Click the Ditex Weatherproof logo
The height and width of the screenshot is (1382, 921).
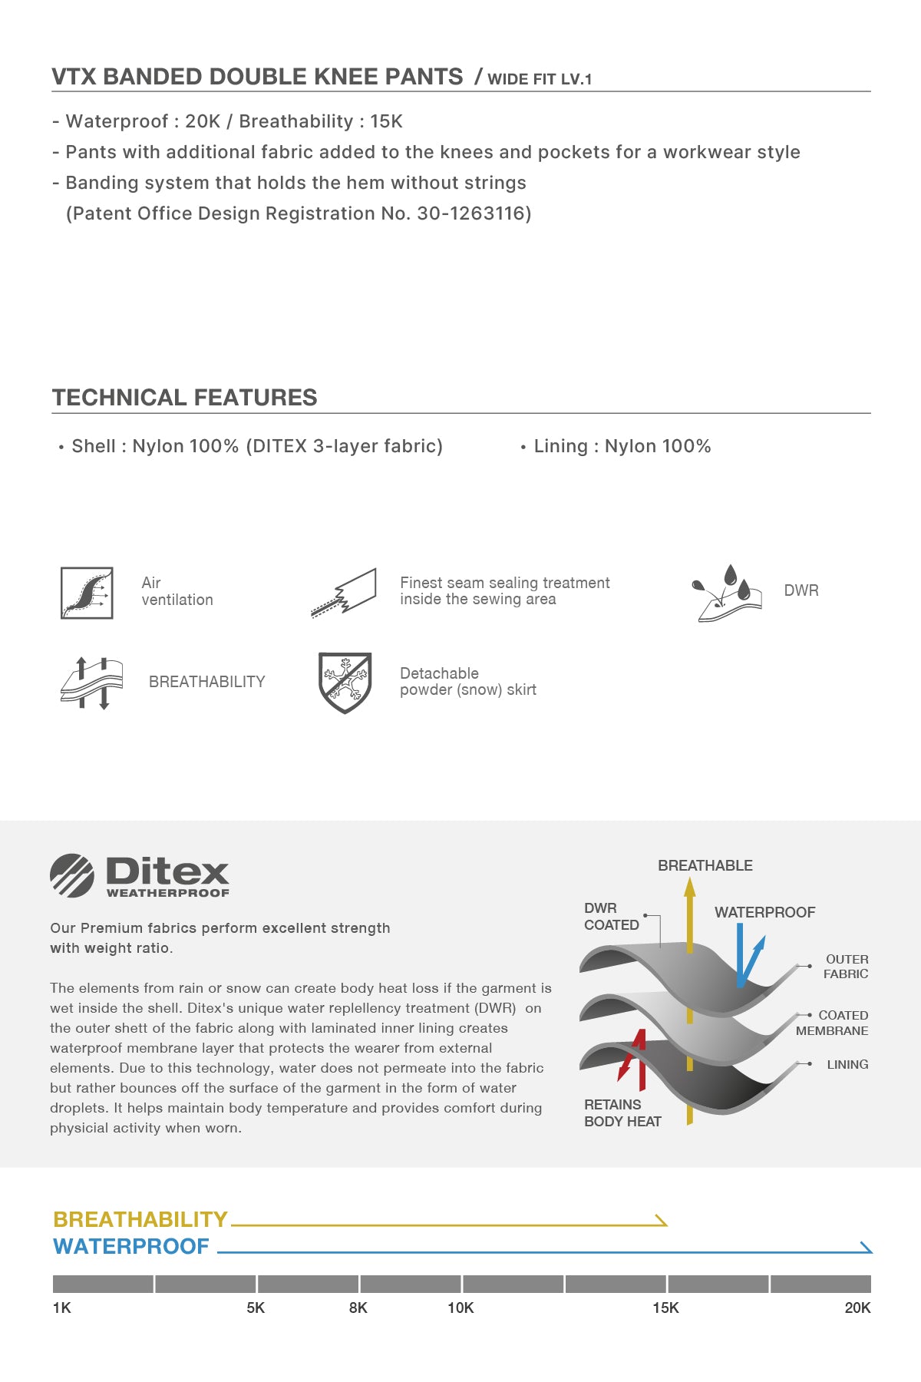coord(140,875)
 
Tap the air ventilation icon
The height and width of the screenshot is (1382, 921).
coord(87,593)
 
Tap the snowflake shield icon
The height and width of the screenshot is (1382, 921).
coord(345,682)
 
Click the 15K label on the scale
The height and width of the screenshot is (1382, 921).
coord(665,1308)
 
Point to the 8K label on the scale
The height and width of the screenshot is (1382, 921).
coord(358,1308)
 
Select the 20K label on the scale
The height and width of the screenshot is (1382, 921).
coord(857,1308)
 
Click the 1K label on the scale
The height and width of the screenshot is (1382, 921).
coord(62,1308)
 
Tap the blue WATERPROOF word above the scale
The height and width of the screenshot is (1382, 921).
coord(131,1246)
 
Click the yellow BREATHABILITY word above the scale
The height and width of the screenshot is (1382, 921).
coord(140,1219)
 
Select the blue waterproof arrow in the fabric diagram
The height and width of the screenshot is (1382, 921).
coord(747,956)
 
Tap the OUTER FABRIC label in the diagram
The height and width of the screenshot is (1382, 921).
coord(846,967)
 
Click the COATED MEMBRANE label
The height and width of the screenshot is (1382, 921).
coord(833,1023)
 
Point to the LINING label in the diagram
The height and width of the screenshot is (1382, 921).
coord(847,1064)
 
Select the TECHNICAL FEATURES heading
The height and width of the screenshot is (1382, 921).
coord(184,398)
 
